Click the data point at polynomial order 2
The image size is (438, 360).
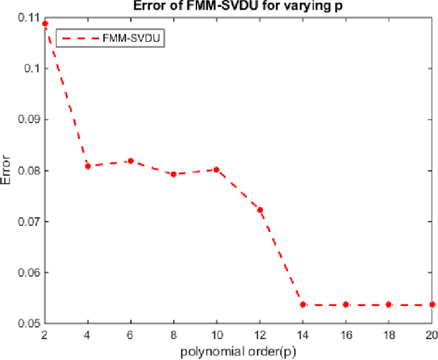pyautogui.click(x=45, y=24)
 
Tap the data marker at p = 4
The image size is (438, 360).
pyautogui.click(x=88, y=166)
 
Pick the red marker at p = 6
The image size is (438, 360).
pyautogui.click(x=131, y=161)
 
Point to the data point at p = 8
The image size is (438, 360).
pyautogui.click(x=174, y=174)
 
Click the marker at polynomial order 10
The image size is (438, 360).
pyautogui.click(x=217, y=170)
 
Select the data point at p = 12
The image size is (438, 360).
pyautogui.click(x=260, y=209)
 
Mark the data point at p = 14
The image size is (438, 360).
pyautogui.click(x=303, y=305)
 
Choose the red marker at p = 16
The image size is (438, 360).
pyautogui.click(x=346, y=305)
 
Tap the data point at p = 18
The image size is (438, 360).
pyautogui.click(x=389, y=305)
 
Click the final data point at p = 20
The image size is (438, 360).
pyautogui.click(x=432, y=305)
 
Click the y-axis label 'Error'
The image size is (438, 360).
pyautogui.click(x=8, y=170)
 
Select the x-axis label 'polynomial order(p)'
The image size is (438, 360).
pyautogui.click(x=238, y=352)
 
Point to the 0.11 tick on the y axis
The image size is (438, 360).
pyautogui.click(x=28, y=17)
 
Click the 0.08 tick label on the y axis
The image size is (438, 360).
pyautogui.click(x=28, y=170)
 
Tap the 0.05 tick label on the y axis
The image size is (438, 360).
pyautogui.click(x=28, y=323)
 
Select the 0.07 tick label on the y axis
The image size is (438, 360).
pyautogui.click(x=28, y=221)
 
